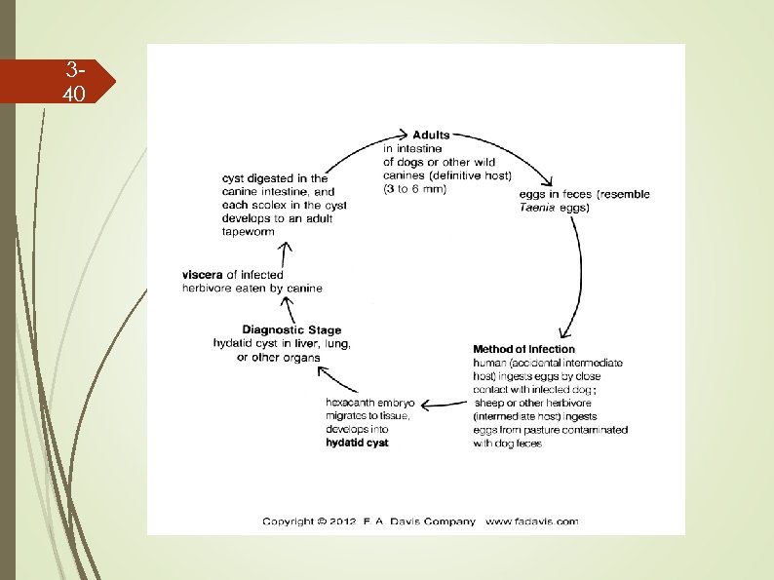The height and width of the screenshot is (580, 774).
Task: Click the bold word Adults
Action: coord(431,135)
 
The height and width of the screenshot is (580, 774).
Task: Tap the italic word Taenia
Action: coord(537,208)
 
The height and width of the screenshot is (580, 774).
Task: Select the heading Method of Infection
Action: coord(523,349)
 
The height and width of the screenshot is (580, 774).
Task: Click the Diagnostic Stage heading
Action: coord(291,329)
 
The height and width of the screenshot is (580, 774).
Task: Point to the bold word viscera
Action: coord(203,275)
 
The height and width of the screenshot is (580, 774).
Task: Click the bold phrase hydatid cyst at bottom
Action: coord(357,443)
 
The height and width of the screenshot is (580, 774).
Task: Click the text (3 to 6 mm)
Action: coord(414,189)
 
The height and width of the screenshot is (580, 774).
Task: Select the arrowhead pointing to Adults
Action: coord(404,134)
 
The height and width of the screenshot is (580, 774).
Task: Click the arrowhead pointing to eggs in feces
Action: coord(547,180)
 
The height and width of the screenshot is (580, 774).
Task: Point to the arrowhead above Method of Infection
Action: coord(565,333)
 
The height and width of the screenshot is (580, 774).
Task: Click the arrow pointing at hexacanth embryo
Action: coord(444,405)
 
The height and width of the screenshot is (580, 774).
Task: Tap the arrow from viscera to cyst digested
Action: coord(285,254)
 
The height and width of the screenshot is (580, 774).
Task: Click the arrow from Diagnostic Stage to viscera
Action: coord(289,310)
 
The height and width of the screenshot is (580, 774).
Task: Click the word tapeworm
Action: coord(249,232)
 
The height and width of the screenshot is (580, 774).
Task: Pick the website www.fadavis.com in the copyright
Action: coord(531,522)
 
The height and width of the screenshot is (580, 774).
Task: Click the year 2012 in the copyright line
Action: coord(343,522)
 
